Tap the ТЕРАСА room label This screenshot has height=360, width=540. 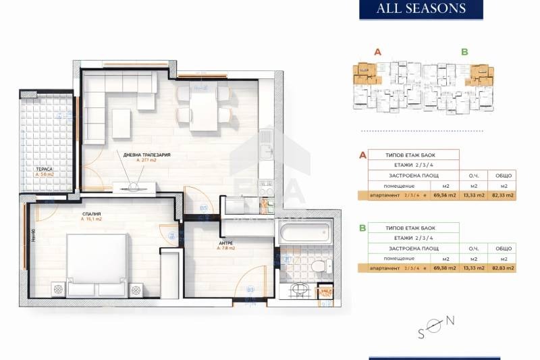click(x=45, y=170)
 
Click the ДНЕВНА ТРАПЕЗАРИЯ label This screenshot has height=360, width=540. click(x=146, y=155)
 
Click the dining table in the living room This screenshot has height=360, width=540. click(x=202, y=107)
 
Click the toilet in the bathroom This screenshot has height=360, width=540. click(x=316, y=265)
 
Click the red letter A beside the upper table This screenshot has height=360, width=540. click(x=363, y=155)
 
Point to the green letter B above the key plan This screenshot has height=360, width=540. click(x=464, y=51)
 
